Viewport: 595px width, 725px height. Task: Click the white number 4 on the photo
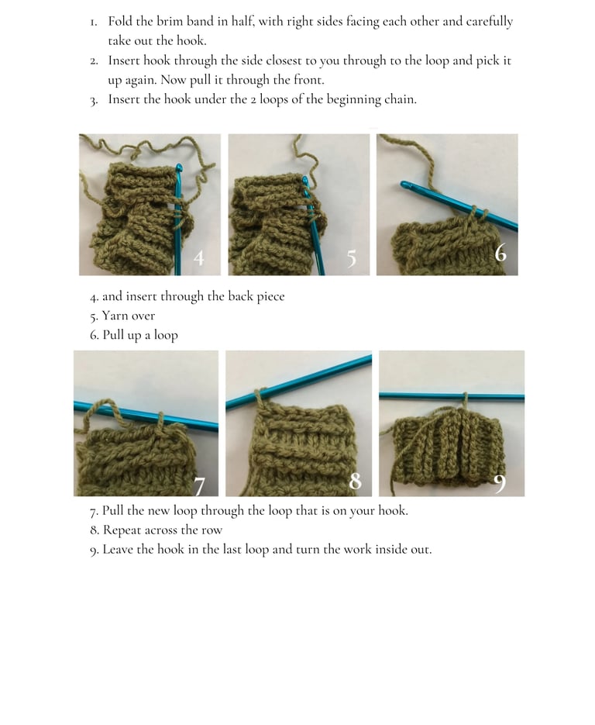(x=199, y=258)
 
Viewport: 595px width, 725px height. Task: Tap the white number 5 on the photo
(x=352, y=258)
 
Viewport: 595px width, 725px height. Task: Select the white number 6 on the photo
(x=500, y=254)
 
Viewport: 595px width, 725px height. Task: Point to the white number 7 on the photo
(x=199, y=486)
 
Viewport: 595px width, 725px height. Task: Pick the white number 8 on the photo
(x=356, y=481)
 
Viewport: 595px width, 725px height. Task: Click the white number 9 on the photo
(x=500, y=484)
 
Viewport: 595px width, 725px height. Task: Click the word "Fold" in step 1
(x=120, y=21)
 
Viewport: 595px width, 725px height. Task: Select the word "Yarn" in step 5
(x=115, y=316)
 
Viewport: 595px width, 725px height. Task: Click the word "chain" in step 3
(x=400, y=99)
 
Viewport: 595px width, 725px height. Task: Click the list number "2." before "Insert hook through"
(x=95, y=61)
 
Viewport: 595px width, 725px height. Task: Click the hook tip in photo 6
(x=404, y=185)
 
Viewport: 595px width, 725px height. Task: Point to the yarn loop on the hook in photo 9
(x=466, y=399)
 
